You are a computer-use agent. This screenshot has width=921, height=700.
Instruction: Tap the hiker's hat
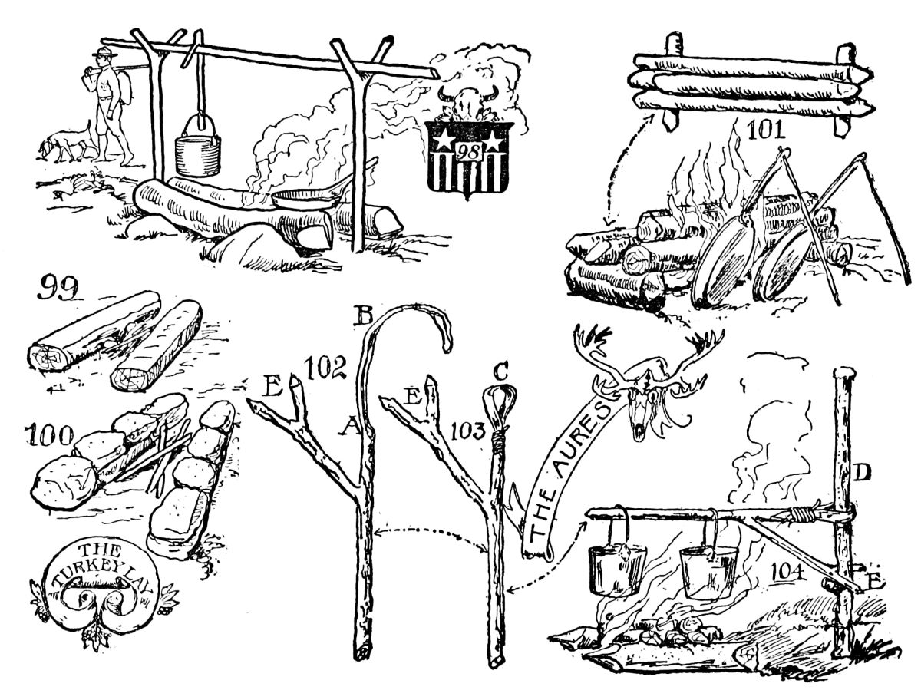coord(101,51)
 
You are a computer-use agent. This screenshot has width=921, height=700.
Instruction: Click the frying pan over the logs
coord(307,197)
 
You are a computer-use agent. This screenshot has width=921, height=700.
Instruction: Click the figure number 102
coord(328,368)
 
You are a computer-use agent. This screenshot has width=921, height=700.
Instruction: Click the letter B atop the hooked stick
coord(364,314)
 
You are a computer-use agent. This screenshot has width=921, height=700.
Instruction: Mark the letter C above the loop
coord(500,372)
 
